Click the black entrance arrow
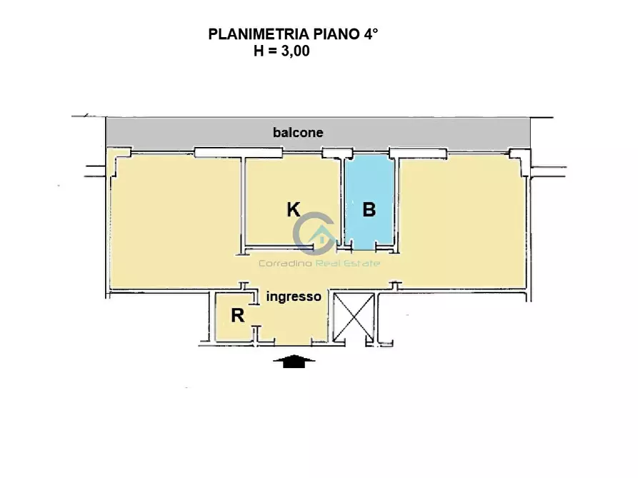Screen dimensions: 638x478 pyautogui.click(x=294, y=361)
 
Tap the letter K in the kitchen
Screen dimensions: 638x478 pyautogui.click(x=294, y=210)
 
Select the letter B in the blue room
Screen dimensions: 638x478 pyautogui.click(x=369, y=210)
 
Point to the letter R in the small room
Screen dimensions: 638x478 pyautogui.click(x=238, y=315)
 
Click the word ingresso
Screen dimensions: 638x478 pyautogui.click(x=294, y=297)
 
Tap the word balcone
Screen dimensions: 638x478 pyautogui.click(x=298, y=133)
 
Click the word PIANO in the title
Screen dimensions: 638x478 pyautogui.click(x=336, y=34)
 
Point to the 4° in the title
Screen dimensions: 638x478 pyautogui.click(x=371, y=34)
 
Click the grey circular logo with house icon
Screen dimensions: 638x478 pyautogui.click(x=315, y=233)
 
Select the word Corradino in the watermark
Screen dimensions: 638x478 pyautogui.click(x=286, y=263)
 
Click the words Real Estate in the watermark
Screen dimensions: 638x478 pyautogui.click(x=348, y=263)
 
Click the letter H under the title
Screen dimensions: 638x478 pyautogui.click(x=259, y=51)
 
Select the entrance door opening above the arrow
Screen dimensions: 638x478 pyautogui.click(x=294, y=344)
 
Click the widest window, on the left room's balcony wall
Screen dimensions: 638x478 pyautogui.click(x=239, y=153)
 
